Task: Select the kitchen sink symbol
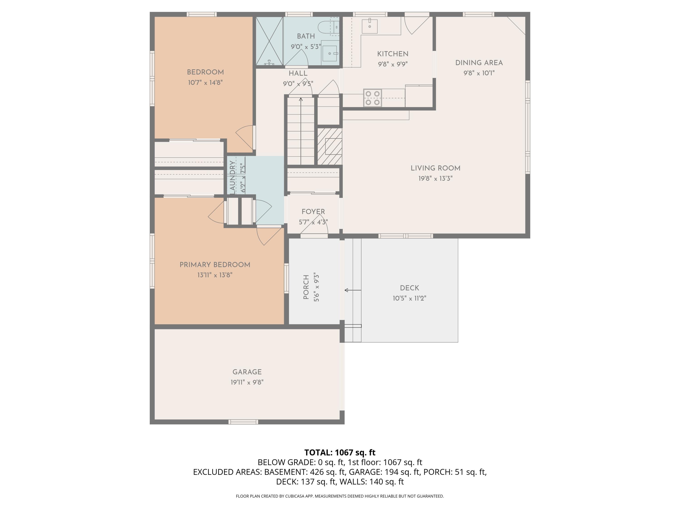pyautogui.click(x=369, y=26)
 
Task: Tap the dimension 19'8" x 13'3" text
pyautogui.click(x=435, y=179)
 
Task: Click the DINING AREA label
pyautogui.click(x=479, y=63)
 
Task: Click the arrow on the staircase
pyautogui.click(x=301, y=100)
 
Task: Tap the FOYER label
pyautogui.click(x=313, y=212)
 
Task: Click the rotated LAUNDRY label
pyautogui.click(x=232, y=177)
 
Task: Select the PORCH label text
pyautogui.click(x=306, y=287)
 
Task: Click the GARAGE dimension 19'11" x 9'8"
pyautogui.click(x=247, y=382)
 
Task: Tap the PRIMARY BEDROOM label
pyautogui.click(x=215, y=265)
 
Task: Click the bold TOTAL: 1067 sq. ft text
pyautogui.click(x=340, y=452)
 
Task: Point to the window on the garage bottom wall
pyautogui.click(x=243, y=422)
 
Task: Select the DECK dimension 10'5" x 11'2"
pyautogui.click(x=409, y=299)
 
